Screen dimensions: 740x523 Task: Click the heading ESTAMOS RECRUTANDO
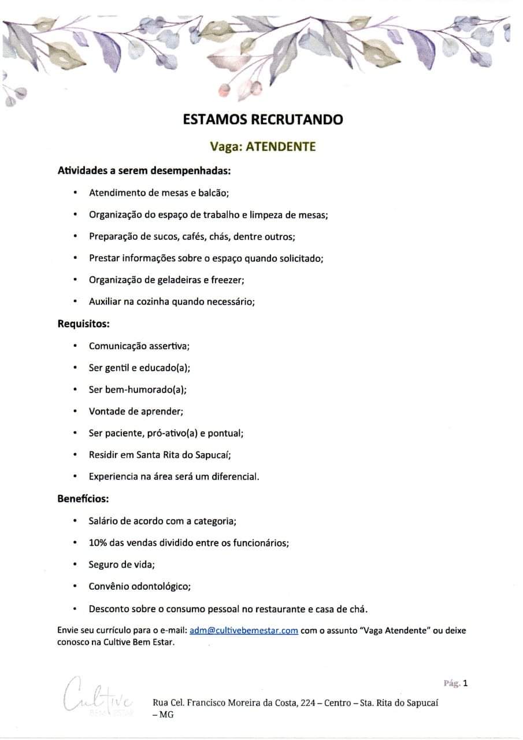(262, 120)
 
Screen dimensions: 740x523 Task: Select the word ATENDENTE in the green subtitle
(281, 147)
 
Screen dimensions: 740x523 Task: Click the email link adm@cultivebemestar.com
(243, 631)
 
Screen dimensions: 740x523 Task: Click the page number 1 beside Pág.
(465, 683)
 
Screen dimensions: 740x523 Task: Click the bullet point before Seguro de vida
(75, 565)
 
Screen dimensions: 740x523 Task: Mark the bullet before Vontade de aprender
(75, 412)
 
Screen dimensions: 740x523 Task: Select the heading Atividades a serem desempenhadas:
(144, 171)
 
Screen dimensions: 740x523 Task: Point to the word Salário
(105, 521)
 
